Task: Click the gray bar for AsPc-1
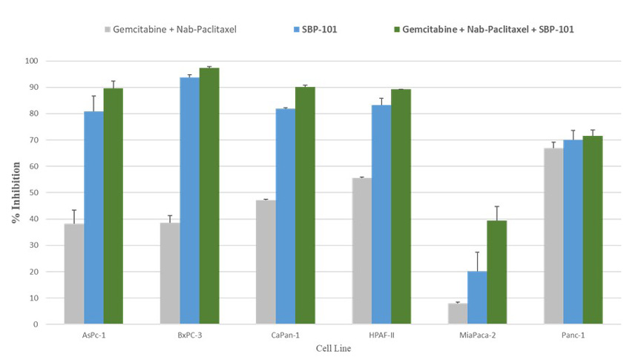click(74, 273)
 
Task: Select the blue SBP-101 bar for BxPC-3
click(189, 200)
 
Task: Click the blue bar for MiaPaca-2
click(477, 298)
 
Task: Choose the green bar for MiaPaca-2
click(496, 272)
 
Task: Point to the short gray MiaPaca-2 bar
click(458, 313)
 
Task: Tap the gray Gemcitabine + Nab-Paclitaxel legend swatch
click(108, 30)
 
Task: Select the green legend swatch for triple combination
click(397, 30)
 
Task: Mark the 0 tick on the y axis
click(47, 324)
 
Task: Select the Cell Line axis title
click(333, 348)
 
